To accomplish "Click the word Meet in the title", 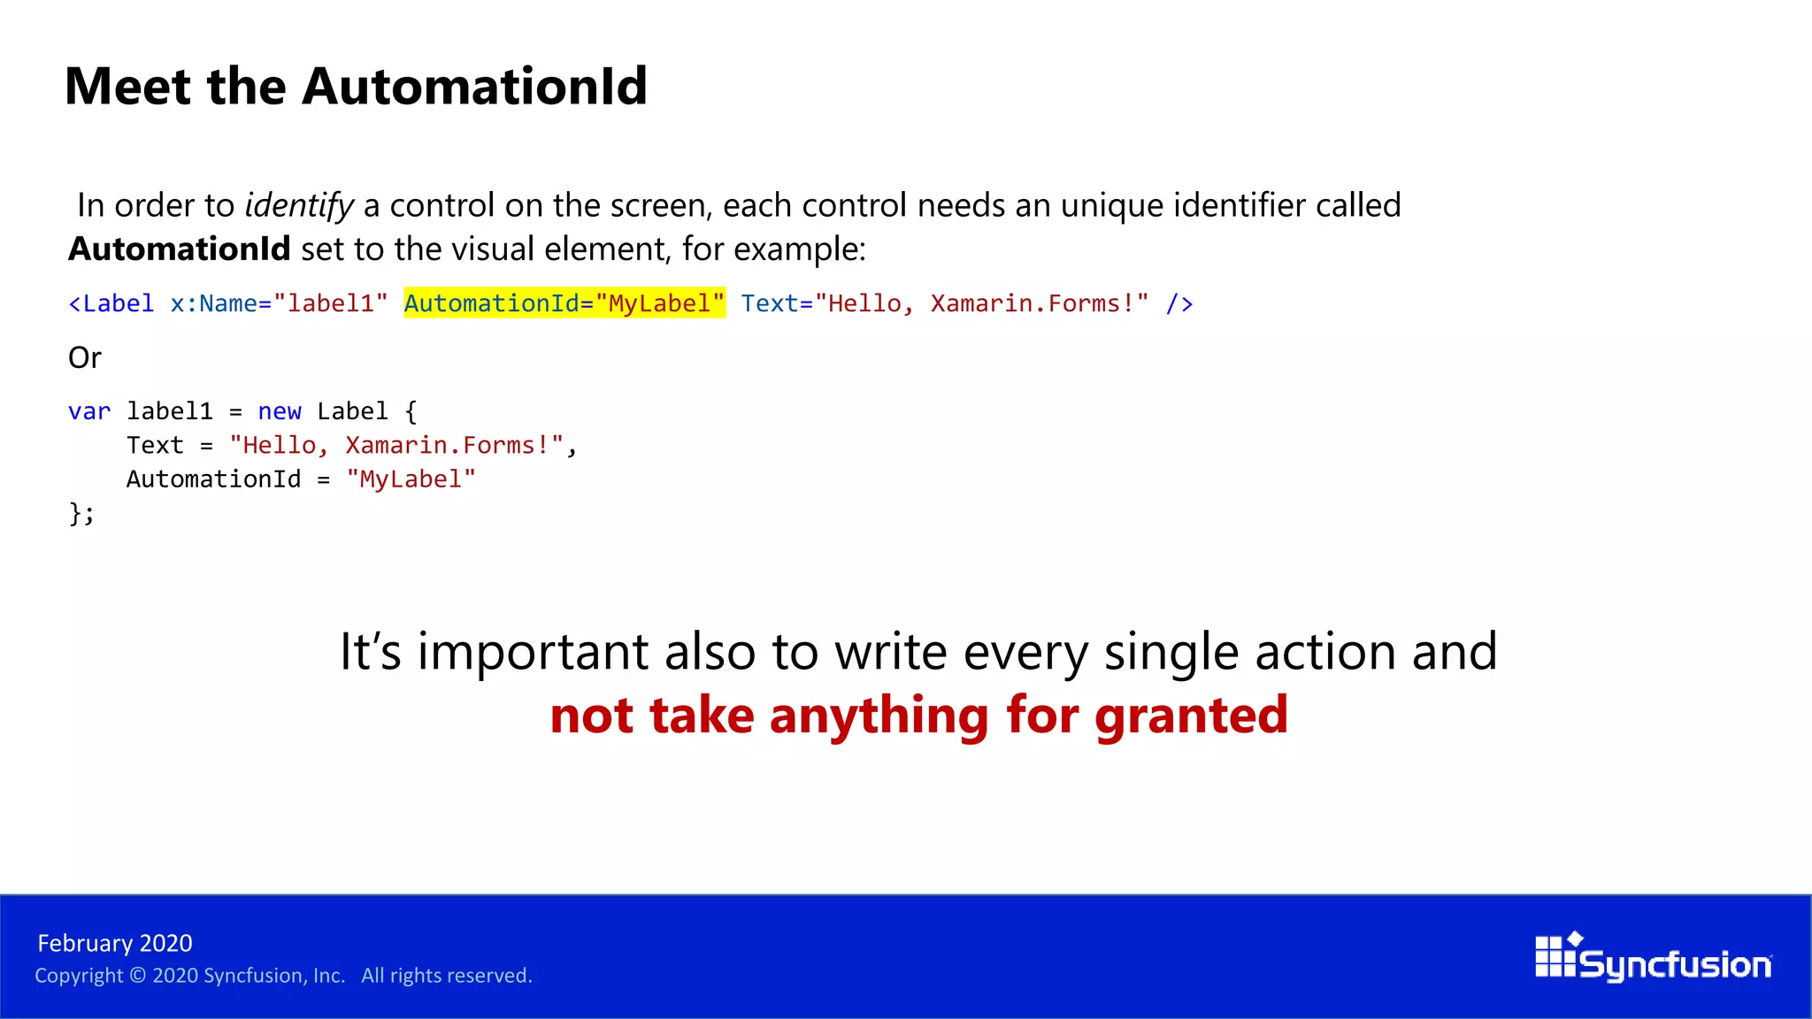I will [x=127, y=87].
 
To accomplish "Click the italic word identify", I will [x=299, y=205].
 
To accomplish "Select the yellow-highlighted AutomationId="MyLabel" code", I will [x=564, y=303].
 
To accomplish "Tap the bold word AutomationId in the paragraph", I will [x=180, y=249].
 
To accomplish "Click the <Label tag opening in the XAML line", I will [x=111, y=303].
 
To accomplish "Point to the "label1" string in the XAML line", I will [x=331, y=303].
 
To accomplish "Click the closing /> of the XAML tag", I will [x=1179, y=303].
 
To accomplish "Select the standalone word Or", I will [x=85, y=357].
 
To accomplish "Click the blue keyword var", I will [x=89, y=411].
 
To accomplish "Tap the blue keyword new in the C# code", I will [x=280, y=411].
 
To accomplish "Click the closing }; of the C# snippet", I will [x=81, y=513].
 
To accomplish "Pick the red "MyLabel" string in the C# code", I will [x=411, y=479].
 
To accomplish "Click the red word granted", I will [x=1191, y=715].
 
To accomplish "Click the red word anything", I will [x=879, y=715].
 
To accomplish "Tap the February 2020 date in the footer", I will [x=115, y=943].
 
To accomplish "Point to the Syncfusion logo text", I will [x=1675, y=964].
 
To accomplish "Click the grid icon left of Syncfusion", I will [x=1555, y=956].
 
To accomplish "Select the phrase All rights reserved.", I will [x=447, y=976].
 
